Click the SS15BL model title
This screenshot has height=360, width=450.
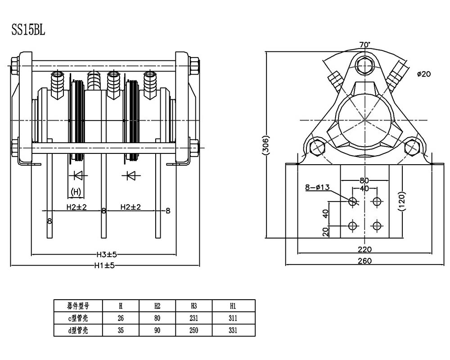coord(28,30)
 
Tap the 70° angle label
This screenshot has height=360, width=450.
coord(364,45)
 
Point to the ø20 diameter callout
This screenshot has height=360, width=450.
coord(424,74)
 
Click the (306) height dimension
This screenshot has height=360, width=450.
coord(266,146)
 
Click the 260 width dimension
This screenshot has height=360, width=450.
coord(364,261)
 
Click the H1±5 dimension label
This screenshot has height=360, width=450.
coord(104,265)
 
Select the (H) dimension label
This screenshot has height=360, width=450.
coord(76,192)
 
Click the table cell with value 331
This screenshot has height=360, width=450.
coord(233,330)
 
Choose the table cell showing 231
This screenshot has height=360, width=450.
coord(193,318)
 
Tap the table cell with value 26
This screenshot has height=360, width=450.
coord(121,318)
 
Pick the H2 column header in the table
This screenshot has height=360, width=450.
coord(157,306)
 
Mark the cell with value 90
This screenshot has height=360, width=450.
coord(157,330)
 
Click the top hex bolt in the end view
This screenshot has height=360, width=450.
coord(364,66)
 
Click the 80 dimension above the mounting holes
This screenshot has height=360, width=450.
coord(364,181)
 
